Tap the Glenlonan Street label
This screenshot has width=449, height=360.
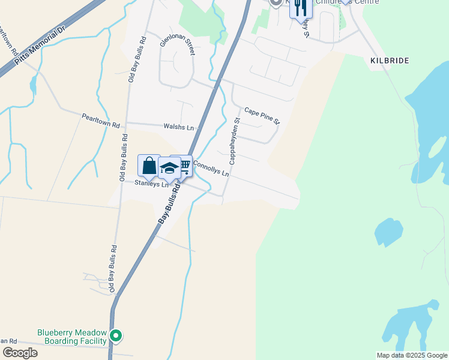(178, 45)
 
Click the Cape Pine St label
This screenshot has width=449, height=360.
(262, 116)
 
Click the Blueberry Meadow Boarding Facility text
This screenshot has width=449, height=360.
(71, 337)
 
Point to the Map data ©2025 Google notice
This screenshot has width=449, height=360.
(412, 355)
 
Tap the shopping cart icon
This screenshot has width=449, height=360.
(184, 165)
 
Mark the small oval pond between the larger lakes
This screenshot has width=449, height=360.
(389, 232)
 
